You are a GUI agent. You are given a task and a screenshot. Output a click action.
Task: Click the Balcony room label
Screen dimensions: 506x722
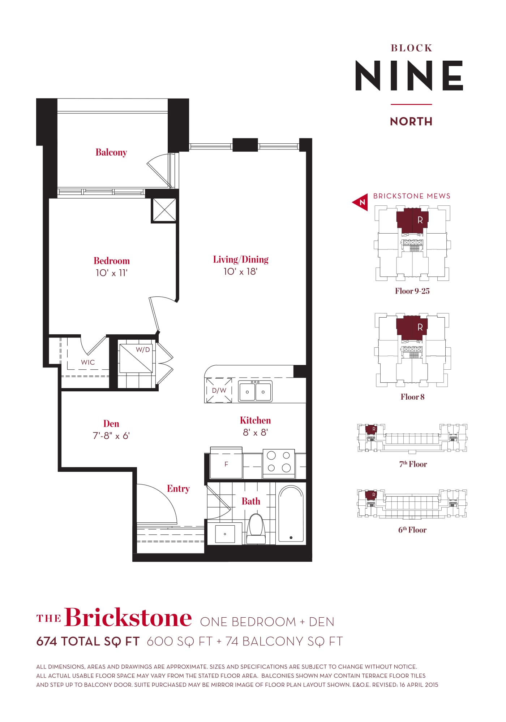coord(111,152)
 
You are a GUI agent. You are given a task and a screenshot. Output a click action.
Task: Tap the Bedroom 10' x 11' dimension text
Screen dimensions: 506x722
coord(112,273)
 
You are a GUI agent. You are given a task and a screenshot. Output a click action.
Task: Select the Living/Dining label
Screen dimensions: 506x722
coord(241,260)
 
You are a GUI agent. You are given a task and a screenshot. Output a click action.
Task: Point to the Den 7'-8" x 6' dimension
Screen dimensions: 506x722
coord(111,436)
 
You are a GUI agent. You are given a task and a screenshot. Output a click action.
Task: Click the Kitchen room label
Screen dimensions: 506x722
coord(255,420)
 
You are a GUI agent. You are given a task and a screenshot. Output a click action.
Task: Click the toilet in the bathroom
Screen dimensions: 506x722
coord(256,529)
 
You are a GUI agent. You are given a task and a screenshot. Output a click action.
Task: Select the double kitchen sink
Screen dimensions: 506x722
coord(255,391)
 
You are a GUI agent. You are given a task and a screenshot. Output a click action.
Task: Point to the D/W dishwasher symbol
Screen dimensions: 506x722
coord(219,390)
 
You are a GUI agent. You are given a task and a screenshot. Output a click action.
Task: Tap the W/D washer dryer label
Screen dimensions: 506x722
coord(143,349)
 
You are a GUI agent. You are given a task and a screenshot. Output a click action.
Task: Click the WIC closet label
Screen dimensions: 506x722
coord(88,362)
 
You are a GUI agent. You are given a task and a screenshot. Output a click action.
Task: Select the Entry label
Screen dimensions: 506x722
coord(178,489)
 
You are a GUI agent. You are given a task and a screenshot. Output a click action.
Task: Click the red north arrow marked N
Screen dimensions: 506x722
coord(360,202)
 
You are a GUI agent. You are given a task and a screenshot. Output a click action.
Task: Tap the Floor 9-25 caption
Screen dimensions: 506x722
coord(412,291)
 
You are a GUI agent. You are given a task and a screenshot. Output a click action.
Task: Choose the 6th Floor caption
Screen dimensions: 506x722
coord(412,530)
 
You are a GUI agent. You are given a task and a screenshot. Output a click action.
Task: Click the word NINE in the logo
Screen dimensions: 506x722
coord(409,75)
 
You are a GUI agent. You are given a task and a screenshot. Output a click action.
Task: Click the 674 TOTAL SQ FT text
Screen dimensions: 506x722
coord(88,641)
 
